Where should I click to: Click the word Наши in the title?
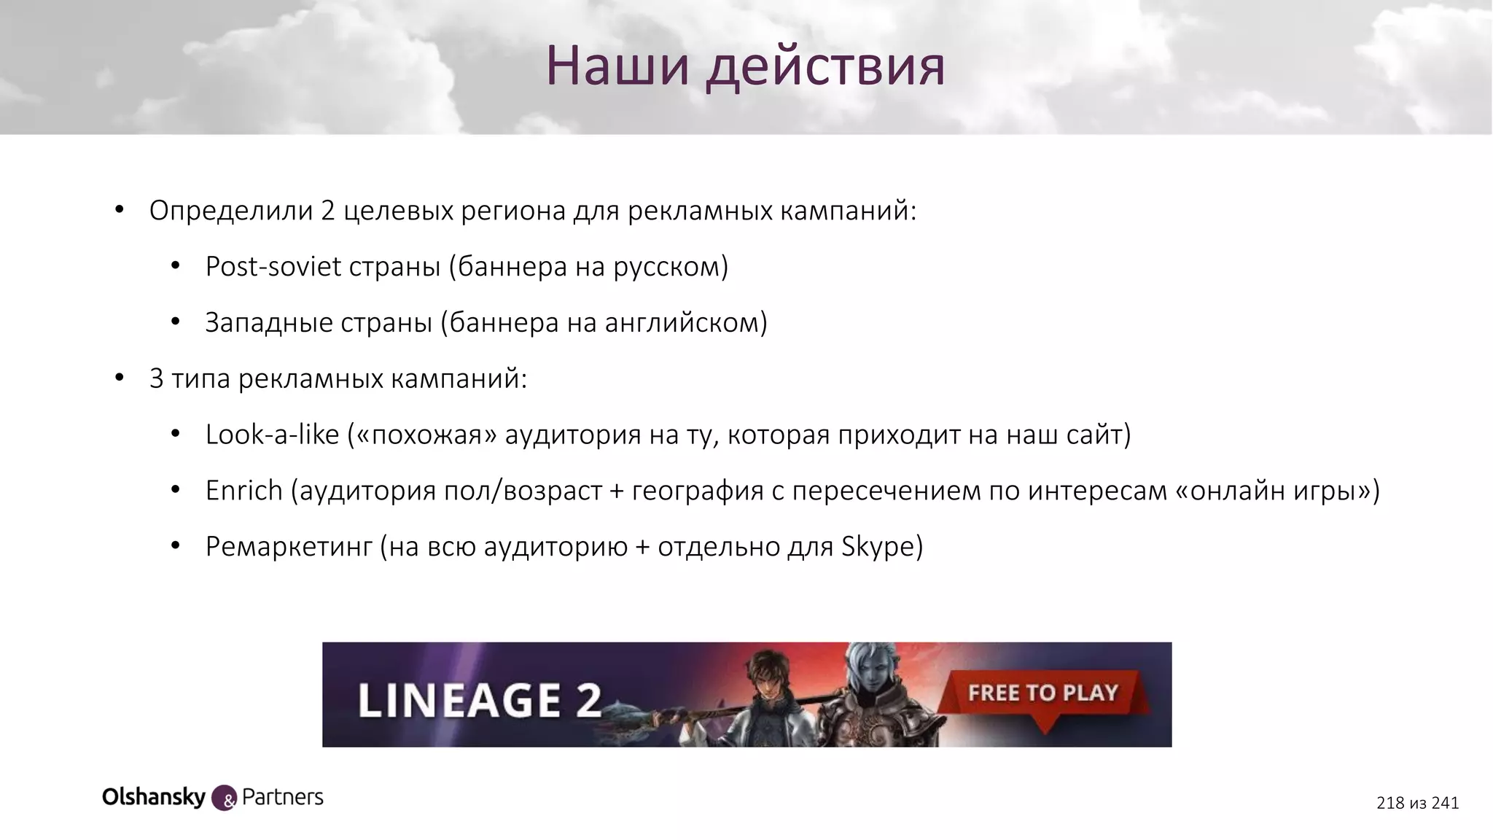coord(617,66)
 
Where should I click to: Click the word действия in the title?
coord(825,66)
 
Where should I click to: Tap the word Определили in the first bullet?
coord(230,211)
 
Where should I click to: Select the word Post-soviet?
coord(273,267)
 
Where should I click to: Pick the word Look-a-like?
coord(272,435)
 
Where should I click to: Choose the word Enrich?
coord(243,491)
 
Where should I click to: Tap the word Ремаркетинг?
coord(289,547)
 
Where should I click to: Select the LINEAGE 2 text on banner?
coord(480,699)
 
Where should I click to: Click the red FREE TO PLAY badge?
coord(1042,693)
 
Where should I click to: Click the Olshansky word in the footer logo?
coord(154,797)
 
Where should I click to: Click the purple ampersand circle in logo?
coord(225,798)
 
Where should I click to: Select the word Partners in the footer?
coord(282,797)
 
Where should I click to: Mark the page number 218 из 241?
coord(1417,803)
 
